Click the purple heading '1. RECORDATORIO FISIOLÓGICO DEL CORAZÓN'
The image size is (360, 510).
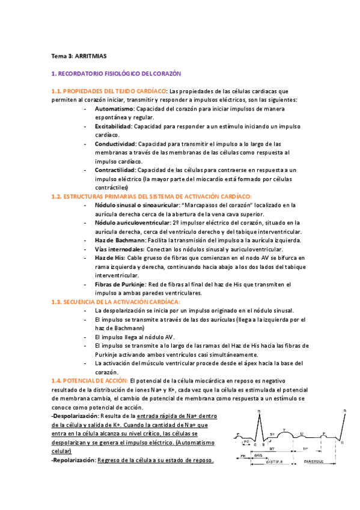[x=116, y=74]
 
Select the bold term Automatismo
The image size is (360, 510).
[x=115, y=109]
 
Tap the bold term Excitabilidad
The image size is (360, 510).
[x=114, y=127]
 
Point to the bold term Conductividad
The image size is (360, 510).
[x=115, y=144]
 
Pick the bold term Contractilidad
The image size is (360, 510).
[x=115, y=170]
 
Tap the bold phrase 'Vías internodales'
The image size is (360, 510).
[x=119, y=249]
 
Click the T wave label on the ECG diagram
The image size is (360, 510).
[x=284, y=430]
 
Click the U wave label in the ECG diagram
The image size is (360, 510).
[x=302, y=433]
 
